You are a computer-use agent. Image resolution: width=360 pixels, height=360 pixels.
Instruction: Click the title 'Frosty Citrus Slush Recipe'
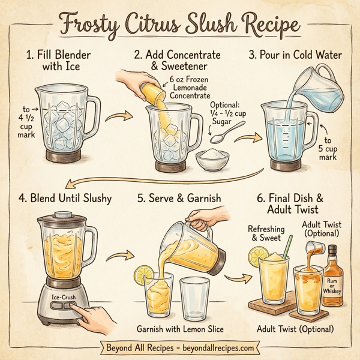[x=180, y=25]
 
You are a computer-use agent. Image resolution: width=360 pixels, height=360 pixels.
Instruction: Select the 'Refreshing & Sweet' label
[x=265, y=233]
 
